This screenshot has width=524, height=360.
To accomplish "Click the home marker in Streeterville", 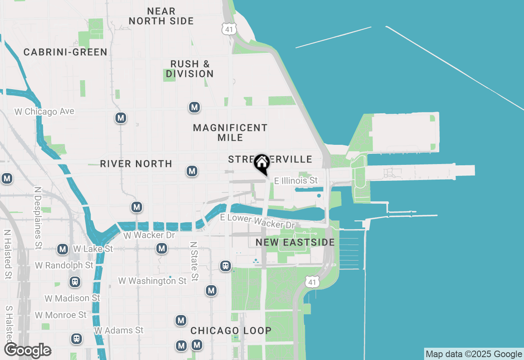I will pyautogui.click(x=262, y=164).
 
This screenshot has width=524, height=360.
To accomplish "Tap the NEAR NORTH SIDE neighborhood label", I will pyautogui.click(x=161, y=16).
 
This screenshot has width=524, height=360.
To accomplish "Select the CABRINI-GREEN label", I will pyautogui.click(x=65, y=52).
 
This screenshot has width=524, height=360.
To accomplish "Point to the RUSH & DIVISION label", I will pyautogui.click(x=190, y=69).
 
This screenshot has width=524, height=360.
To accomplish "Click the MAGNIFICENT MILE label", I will pyautogui.click(x=230, y=133).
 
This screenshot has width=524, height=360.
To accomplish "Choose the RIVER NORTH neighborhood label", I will pyautogui.click(x=136, y=164).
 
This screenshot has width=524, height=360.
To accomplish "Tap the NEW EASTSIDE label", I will pyautogui.click(x=295, y=243).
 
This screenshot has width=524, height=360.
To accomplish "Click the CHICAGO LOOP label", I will pyautogui.click(x=231, y=331).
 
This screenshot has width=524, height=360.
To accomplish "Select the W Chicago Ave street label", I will pyautogui.click(x=44, y=112).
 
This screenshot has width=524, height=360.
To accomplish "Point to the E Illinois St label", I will pyautogui.click(x=296, y=180).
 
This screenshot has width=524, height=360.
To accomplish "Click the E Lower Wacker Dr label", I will pyautogui.click(x=257, y=221).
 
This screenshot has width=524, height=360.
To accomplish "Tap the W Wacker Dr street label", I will pyautogui.click(x=149, y=236).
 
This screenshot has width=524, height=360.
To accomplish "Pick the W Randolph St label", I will pyautogui.click(x=64, y=265).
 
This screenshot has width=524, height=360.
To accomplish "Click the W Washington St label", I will pyautogui.click(x=153, y=281).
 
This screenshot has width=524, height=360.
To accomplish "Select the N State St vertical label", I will pyautogui.click(x=194, y=261).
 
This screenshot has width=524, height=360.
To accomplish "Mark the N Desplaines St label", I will pyautogui.click(x=38, y=218).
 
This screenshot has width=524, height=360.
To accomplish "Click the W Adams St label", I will pyautogui.click(x=119, y=330).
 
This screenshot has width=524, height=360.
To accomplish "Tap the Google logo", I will pyautogui.click(x=28, y=351).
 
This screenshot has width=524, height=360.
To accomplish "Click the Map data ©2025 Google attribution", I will pyautogui.click(x=474, y=354).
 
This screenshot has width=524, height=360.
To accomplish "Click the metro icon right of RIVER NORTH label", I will pyautogui.click(x=192, y=171).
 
